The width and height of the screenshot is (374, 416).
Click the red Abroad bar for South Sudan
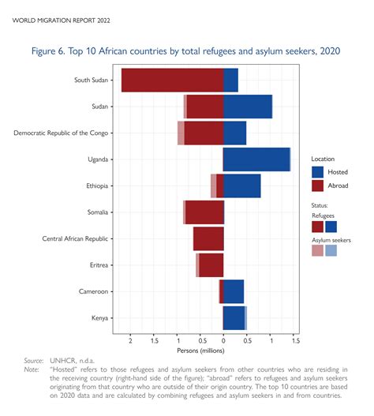point(172,81)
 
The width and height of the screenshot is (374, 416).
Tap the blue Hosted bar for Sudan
point(247,107)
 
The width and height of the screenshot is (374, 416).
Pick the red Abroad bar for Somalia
point(204,212)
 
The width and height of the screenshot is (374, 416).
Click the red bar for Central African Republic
point(208,238)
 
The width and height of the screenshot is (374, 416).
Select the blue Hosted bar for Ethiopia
point(241,186)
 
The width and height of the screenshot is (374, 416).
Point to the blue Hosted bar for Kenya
point(234,318)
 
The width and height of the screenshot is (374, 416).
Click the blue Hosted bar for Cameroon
point(233,291)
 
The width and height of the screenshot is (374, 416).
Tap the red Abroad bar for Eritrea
point(211,265)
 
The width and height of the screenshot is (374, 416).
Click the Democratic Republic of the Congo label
point(62,133)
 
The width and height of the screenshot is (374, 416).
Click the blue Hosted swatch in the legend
point(317,171)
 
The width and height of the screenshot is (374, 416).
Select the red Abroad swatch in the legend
point(317,186)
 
